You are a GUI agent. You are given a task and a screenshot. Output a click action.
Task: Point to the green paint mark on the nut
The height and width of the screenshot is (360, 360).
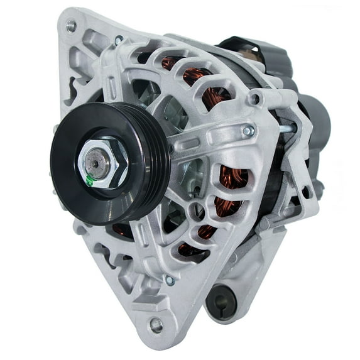(92, 180)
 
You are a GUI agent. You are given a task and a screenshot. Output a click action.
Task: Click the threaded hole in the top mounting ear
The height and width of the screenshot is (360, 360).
(71, 26)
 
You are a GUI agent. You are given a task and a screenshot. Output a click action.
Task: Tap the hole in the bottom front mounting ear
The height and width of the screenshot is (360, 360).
(156, 325)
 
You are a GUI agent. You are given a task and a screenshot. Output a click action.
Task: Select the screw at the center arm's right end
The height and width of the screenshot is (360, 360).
(249, 131)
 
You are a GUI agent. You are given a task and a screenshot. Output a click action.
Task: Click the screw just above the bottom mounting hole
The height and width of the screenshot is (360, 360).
(169, 280)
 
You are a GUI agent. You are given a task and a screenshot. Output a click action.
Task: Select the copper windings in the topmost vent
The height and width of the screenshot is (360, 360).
(172, 63)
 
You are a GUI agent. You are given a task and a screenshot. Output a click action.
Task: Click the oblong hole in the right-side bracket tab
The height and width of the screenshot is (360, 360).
(306, 192)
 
